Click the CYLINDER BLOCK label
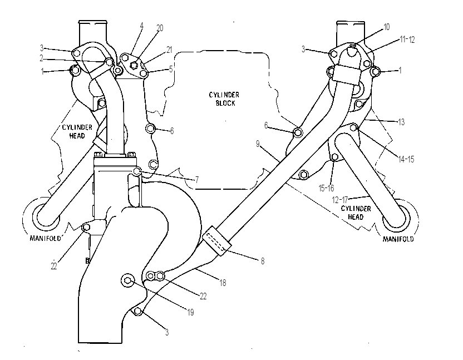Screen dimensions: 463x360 coord(224,99)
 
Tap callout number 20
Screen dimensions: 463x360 coord(160,28)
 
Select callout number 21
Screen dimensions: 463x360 coord(169,50)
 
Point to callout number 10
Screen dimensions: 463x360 coord(387,27)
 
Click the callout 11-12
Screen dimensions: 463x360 coord(407,40)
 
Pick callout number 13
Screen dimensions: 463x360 coord(401,122)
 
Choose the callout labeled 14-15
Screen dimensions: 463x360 coord(406,160)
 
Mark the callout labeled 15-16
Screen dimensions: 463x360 coord(326,188)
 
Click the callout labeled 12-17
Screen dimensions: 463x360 coord(340,200)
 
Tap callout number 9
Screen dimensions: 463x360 coord(258,144)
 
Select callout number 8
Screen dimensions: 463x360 coord(263,261)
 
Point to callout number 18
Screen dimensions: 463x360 coord(223,283)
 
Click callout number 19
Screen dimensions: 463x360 coord(190,312)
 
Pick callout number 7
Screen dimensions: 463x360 coord(197,180)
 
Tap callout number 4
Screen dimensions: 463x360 coord(142,26)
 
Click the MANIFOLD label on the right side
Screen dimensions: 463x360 coord(398,239)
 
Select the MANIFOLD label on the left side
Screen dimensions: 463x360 coord(45,238)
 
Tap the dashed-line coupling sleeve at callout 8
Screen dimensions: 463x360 coord(217,241)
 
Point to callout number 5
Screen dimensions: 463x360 coord(171,69)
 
